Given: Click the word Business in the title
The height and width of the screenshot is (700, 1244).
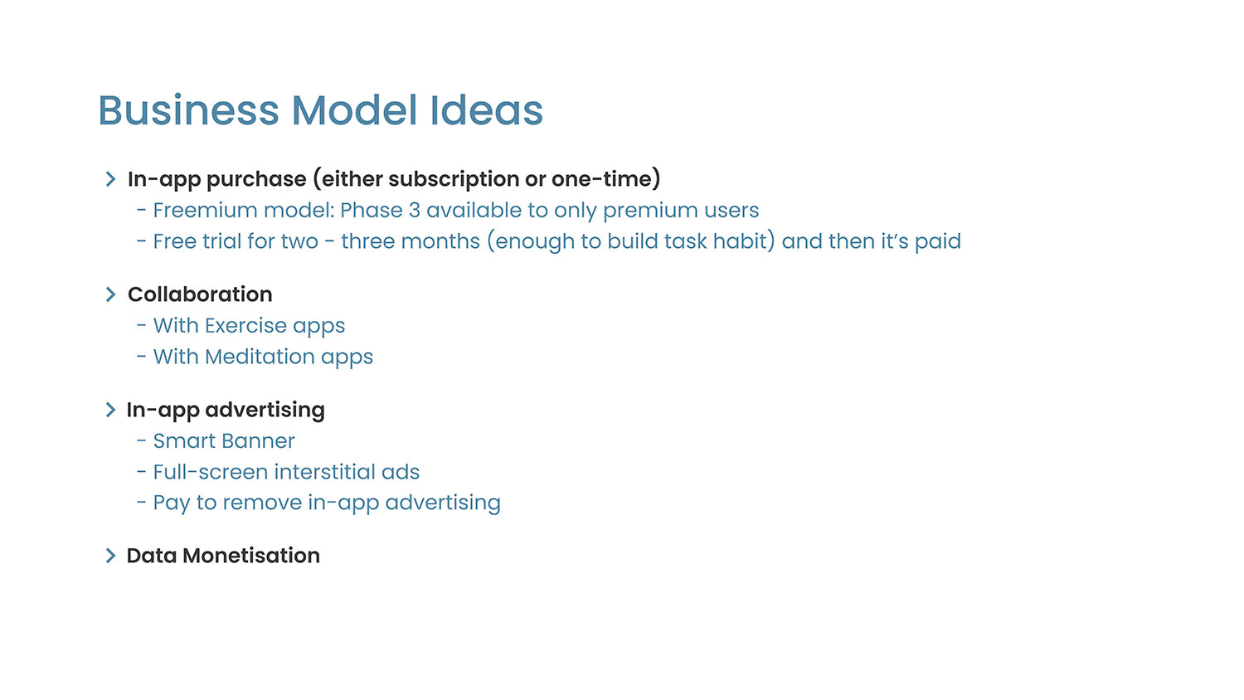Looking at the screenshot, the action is click(x=189, y=110).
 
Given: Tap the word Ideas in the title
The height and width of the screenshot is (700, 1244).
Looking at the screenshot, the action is click(x=487, y=110).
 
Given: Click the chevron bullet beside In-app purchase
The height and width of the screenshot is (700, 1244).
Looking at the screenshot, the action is click(x=110, y=179).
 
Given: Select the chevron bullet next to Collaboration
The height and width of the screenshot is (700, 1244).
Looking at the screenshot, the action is click(x=110, y=294).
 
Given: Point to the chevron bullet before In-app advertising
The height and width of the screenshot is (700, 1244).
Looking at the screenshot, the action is click(x=110, y=410).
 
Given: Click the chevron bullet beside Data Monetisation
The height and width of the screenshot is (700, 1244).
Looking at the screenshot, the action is click(x=110, y=556).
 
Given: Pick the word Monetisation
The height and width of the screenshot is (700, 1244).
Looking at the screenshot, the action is click(x=251, y=556).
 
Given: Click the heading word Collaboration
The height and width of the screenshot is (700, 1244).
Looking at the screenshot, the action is click(x=200, y=294).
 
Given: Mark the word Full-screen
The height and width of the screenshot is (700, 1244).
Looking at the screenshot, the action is click(x=211, y=472).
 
